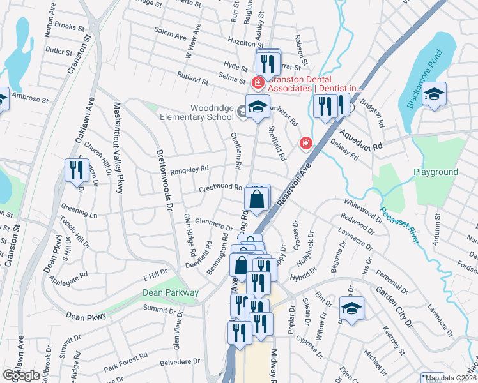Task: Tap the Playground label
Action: coord(436,172)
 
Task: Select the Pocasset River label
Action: coord(399,224)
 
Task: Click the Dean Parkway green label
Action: coord(170,292)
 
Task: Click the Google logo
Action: coord(22,375)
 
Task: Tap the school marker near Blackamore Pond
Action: coord(434,94)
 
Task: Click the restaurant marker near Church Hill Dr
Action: coord(75,170)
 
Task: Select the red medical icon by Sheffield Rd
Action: coord(305,144)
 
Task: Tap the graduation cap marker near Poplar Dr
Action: coord(351,308)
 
